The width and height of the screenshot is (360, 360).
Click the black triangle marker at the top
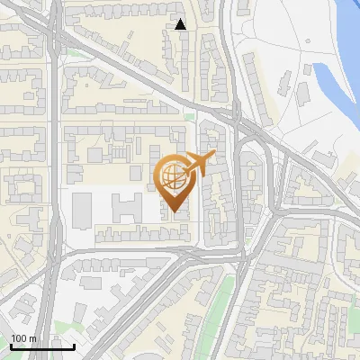pyautogui.click(x=181, y=24)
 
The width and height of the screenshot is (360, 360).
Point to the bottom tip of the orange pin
pyautogui.click(x=174, y=212)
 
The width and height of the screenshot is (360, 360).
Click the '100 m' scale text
pyautogui.click(x=23, y=338)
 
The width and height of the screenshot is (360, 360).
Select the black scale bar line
pyautogui.click(x=42, y=346)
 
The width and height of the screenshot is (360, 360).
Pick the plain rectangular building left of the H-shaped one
pyautogui.click(x=83, y=209)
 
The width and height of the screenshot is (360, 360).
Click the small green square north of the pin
pyautogui.click(x=189, y=116)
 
